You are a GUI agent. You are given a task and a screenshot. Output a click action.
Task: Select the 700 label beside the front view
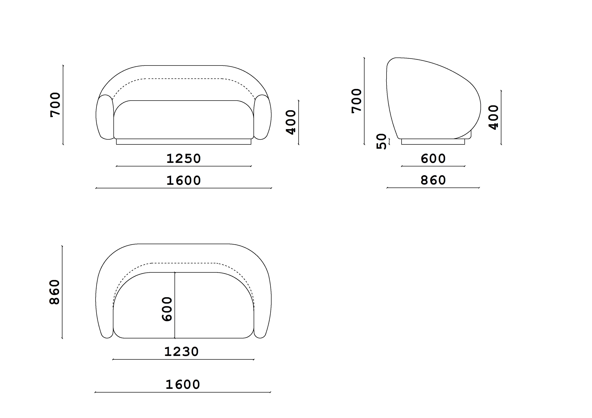[55, 105]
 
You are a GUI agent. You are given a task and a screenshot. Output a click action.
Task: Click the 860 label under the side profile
[433, 180]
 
